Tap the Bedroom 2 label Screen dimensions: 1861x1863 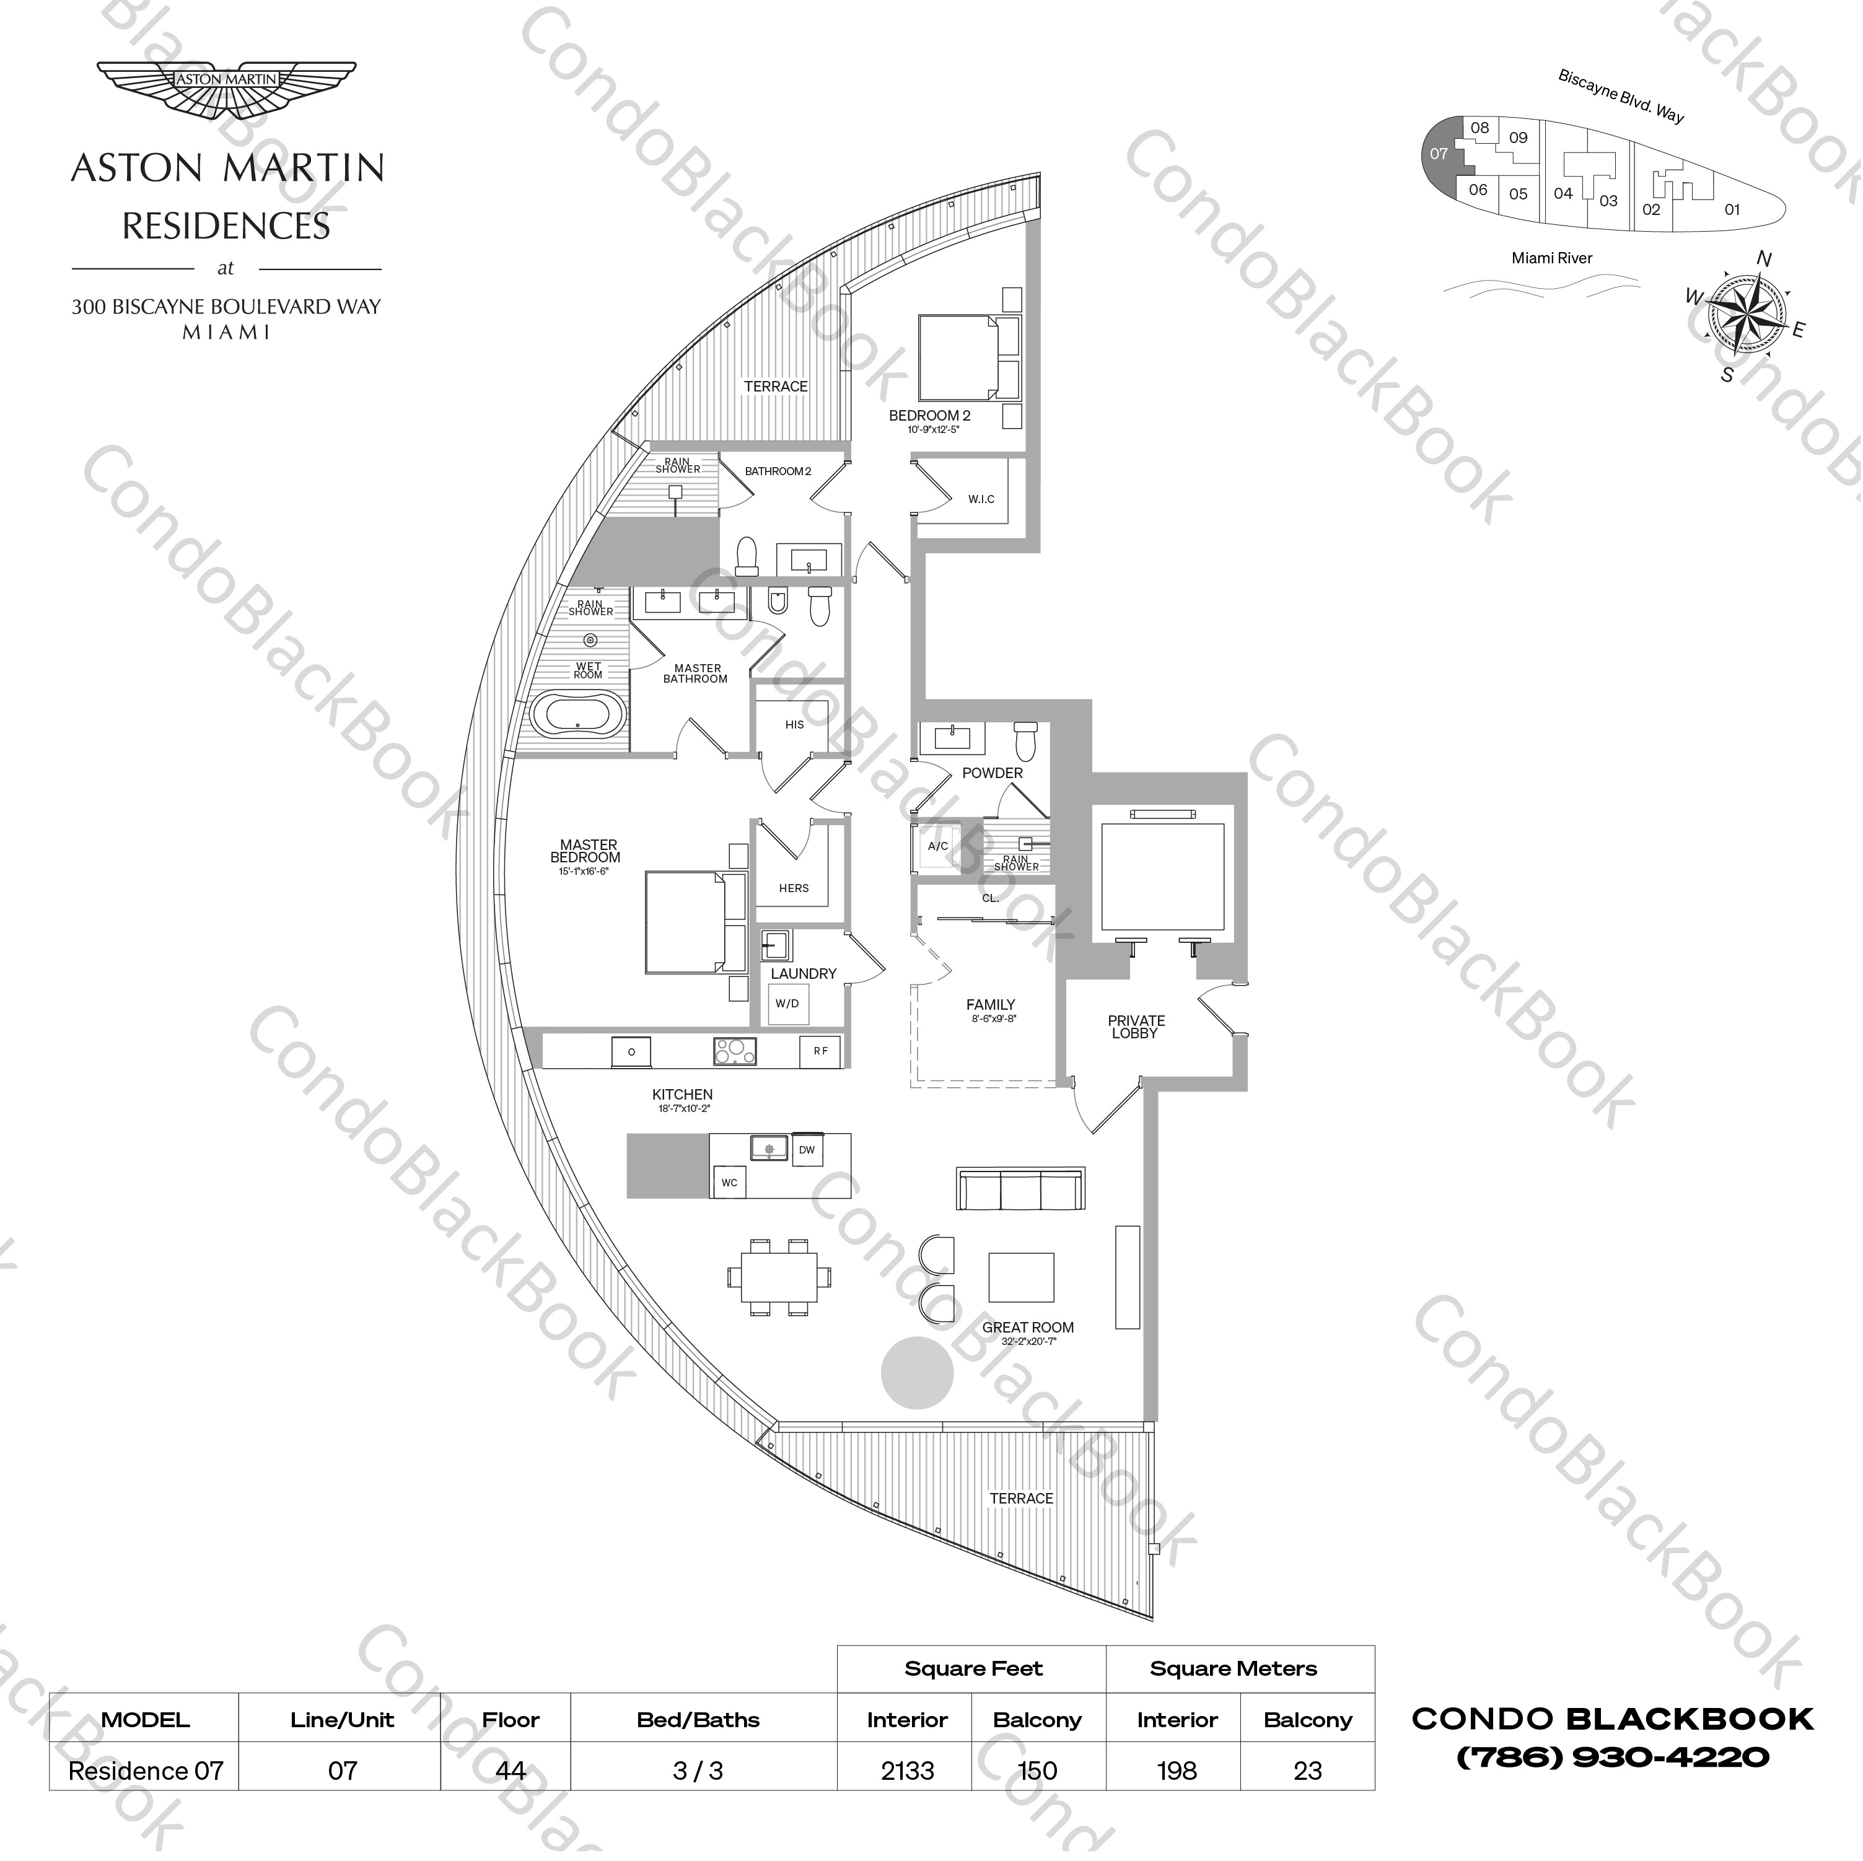tap(929, 416)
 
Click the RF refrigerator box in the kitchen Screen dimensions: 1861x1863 tap(821, 1051)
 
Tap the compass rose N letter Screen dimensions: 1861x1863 tap(1764, 258)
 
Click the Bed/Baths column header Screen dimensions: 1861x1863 tap(698, 1719)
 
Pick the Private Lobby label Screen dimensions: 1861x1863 tap(1136, 1026)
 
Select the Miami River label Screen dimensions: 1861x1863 tap(1551, 258)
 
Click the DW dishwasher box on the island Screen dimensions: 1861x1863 tap(806, 1149)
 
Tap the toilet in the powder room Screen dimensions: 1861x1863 tap(1025, 742)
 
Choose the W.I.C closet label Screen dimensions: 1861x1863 tap(981, 499)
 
